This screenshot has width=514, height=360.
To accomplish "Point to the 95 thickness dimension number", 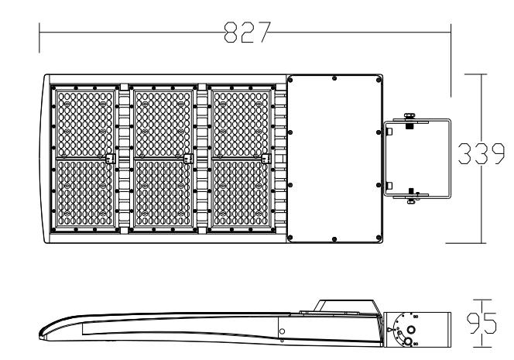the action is coord(484,321).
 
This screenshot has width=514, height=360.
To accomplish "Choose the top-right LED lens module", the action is coord(242,122).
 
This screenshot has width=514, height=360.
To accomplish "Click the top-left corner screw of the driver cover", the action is coord(290,78).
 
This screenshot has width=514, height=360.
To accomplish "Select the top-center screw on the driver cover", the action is coord(334,77).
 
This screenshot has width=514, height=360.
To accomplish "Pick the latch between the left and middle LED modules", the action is coord(110,159).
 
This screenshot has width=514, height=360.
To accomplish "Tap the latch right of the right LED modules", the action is coord(268,159).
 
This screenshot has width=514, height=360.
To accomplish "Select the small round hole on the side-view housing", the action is coord(282,331).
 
